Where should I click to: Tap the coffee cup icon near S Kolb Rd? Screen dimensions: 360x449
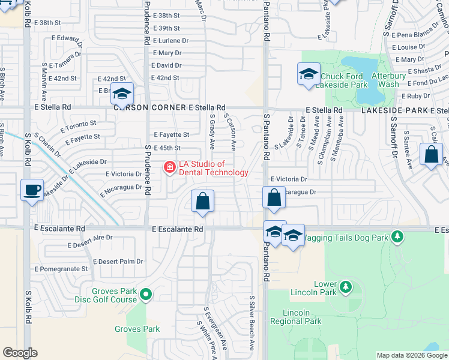tap(32, 190)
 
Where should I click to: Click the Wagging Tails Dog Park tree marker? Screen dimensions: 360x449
tap(396, 237)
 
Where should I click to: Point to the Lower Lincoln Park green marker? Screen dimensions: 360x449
tap(345, 287)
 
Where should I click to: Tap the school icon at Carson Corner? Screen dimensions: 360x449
tap(122, 94)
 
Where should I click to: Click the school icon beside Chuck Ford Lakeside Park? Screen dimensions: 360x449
tap(309, 74)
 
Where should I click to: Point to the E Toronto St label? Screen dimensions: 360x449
tap(79, 126)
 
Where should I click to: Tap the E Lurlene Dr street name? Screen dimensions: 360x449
tap(170, 41)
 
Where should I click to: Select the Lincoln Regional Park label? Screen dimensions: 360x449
tap(303, 317)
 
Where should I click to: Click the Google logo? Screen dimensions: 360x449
tap(20, 353)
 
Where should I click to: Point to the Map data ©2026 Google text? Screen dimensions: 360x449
tap(411, 355)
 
